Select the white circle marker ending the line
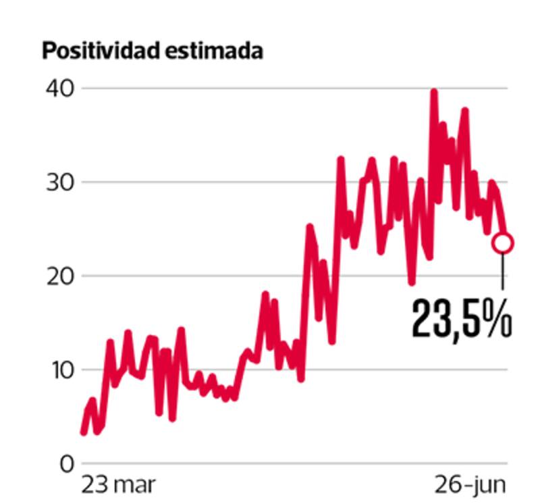[x=503, y=243]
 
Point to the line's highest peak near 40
[x=433, y=92]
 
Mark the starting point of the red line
[x=83, y=432]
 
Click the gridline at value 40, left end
[x=88, y=89]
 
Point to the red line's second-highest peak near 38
[x=464, y=111]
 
